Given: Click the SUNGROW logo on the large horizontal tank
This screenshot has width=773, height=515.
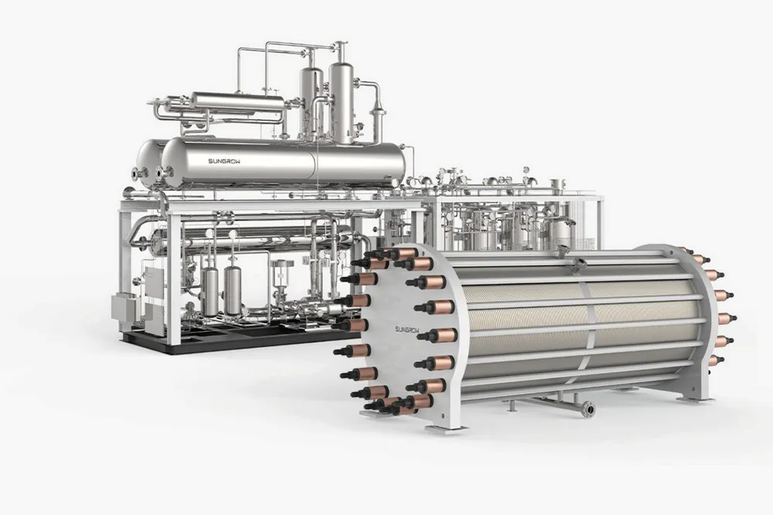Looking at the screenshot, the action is [x=224, y=162].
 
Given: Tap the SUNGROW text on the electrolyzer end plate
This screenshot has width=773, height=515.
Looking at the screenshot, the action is [x=406, y=329].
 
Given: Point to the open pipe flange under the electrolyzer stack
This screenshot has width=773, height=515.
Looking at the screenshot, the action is [x=587, y=408].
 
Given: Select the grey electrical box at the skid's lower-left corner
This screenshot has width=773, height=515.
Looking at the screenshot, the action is [x=122, y=307].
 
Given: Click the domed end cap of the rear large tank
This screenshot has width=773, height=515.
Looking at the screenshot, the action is [x=146, y=163].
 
